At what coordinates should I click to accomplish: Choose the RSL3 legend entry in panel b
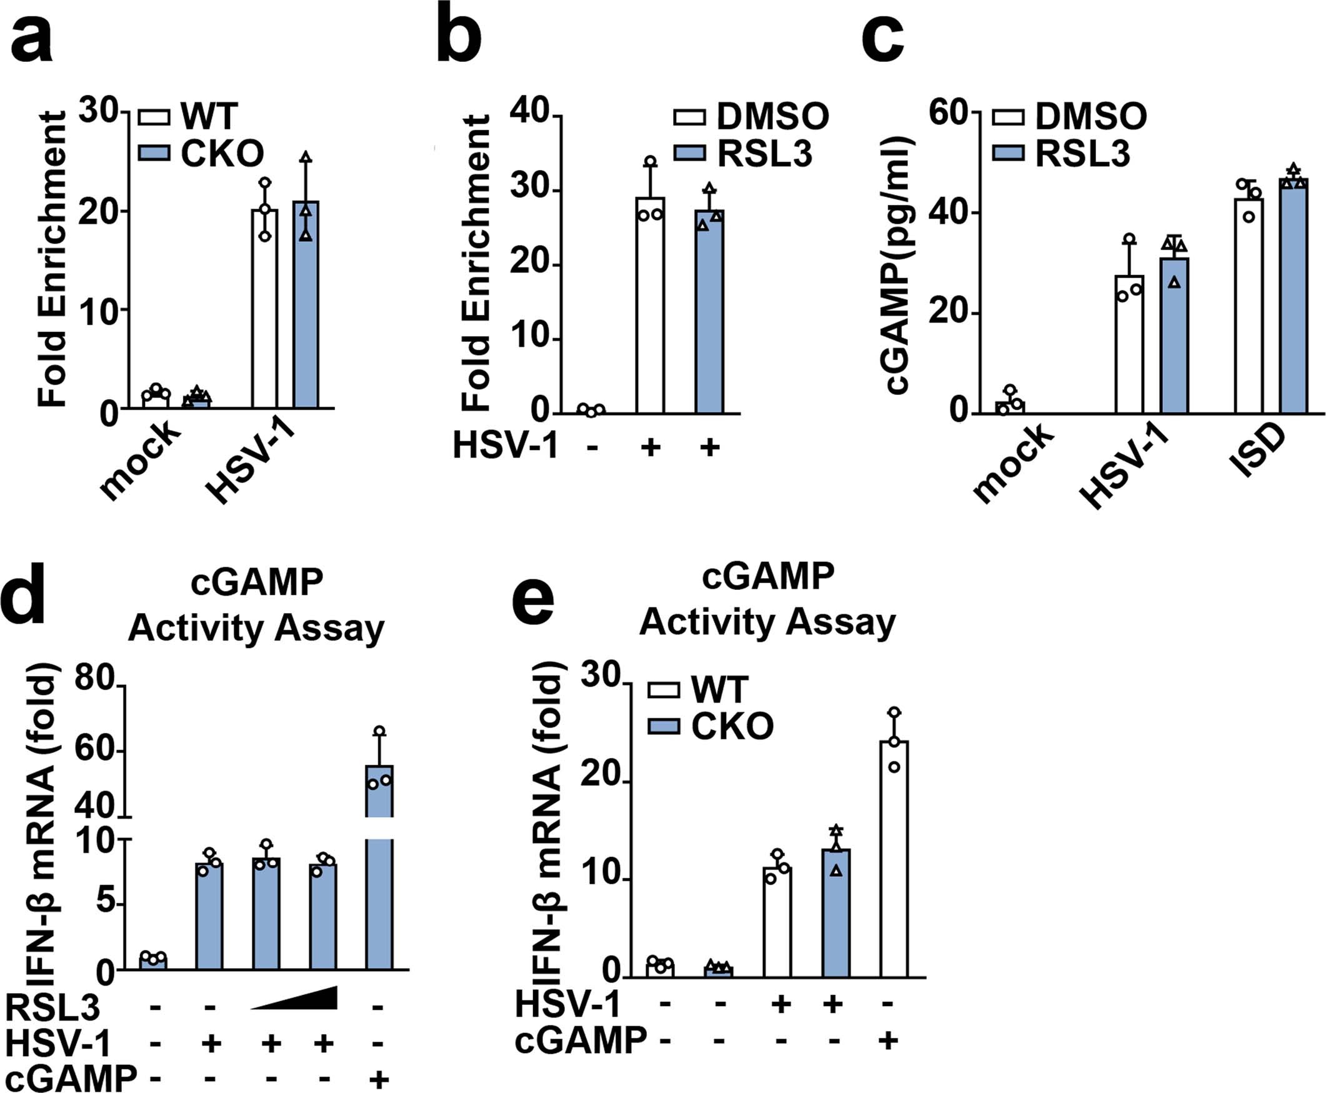[743, 154]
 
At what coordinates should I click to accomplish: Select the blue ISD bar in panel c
[1294, 296]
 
